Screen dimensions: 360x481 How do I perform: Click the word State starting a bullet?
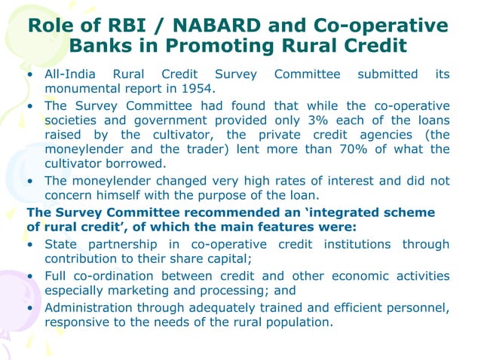pos(60,245)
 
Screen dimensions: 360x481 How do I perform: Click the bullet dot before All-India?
pos(29,75)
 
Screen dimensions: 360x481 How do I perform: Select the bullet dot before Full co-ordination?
pos(29,276)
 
